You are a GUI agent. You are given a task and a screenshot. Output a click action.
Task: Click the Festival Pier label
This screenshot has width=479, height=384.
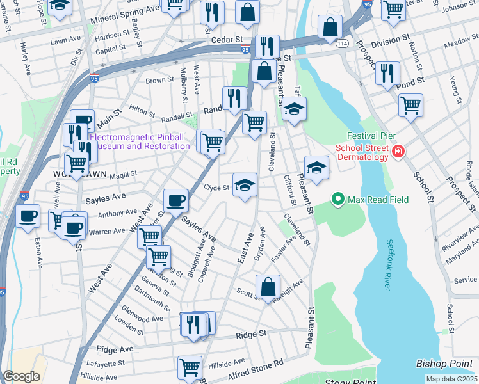click(x=373, y=136)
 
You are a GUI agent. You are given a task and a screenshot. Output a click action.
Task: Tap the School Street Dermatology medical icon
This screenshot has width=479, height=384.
click(x=398, y=152)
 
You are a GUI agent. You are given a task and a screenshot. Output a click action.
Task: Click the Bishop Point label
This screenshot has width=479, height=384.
click(x=445, y=363)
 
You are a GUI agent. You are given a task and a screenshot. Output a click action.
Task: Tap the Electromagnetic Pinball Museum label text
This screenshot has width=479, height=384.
click(x=140, y=141)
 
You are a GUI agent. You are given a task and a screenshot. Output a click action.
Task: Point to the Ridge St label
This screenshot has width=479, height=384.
click(x=251, y=334)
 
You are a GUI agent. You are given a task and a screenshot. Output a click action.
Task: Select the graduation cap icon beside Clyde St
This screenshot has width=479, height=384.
click(x=245, y=185)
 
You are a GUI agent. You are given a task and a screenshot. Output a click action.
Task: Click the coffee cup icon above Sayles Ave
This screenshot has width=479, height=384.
click(x=175, y=201)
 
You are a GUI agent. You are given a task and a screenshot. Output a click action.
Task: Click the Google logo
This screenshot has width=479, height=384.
click(x=21, y=376)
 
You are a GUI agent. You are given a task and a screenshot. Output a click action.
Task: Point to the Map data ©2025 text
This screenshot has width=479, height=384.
click(x=451, y=379)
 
